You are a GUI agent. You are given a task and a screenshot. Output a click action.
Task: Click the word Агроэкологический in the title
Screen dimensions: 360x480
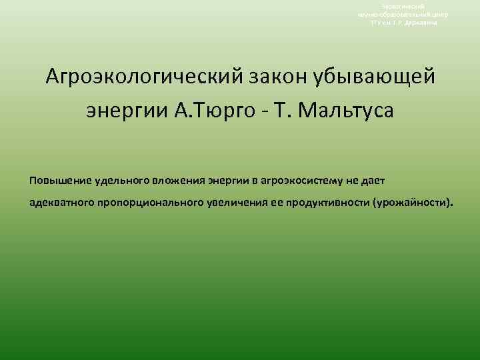pyautogui.click(x=136, y=77)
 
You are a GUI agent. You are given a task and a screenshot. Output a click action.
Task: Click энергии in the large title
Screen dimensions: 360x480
pyautogui.click(x=125, y=109)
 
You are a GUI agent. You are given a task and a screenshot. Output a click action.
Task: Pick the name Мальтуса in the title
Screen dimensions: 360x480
pyautogui.click(x=351, y=109)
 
